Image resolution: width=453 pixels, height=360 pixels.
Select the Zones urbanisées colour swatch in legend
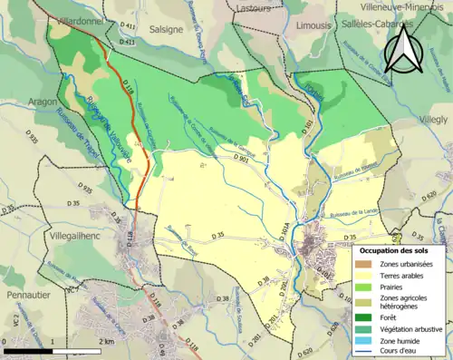pyautogui.click(x=366, y=264)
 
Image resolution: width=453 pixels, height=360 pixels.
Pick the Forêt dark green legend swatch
pyautogui.click(x=366, y=319)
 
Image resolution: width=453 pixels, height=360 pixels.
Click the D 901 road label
pyautogui.click(x=243, y=160)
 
